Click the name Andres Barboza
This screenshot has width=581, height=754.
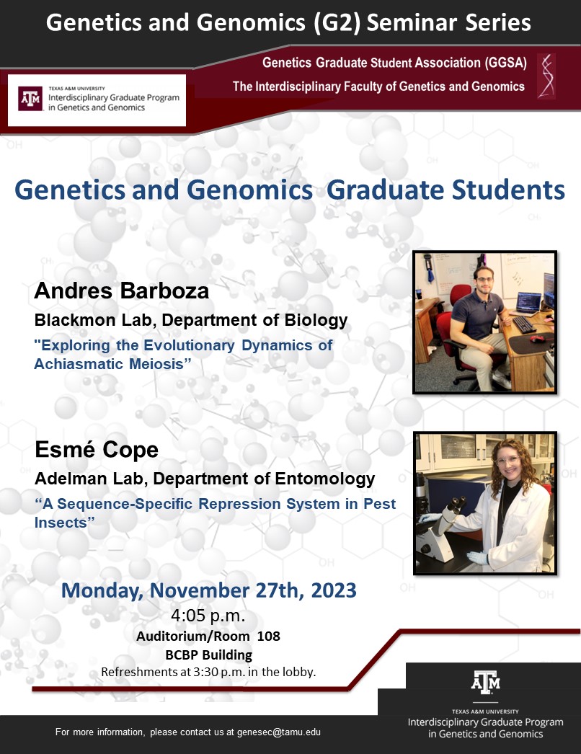[122, 291]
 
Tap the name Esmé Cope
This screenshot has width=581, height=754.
[97, 450]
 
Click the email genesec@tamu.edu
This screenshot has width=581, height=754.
[279, 732]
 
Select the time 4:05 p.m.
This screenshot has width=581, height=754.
[208, 615]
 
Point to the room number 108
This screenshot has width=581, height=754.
[268, 637]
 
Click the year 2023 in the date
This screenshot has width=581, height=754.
[334, 590]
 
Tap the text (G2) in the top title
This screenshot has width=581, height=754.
[337, 22]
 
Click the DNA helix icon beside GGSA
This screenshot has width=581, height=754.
[546, 76]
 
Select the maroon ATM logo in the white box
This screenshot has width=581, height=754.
[30, 99]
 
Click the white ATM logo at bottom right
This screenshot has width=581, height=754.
[486, 683]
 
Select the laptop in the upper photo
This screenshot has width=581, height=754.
[528, 303]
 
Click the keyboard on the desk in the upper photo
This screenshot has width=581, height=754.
[524, 324]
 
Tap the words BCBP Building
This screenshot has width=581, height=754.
[209, 655]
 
